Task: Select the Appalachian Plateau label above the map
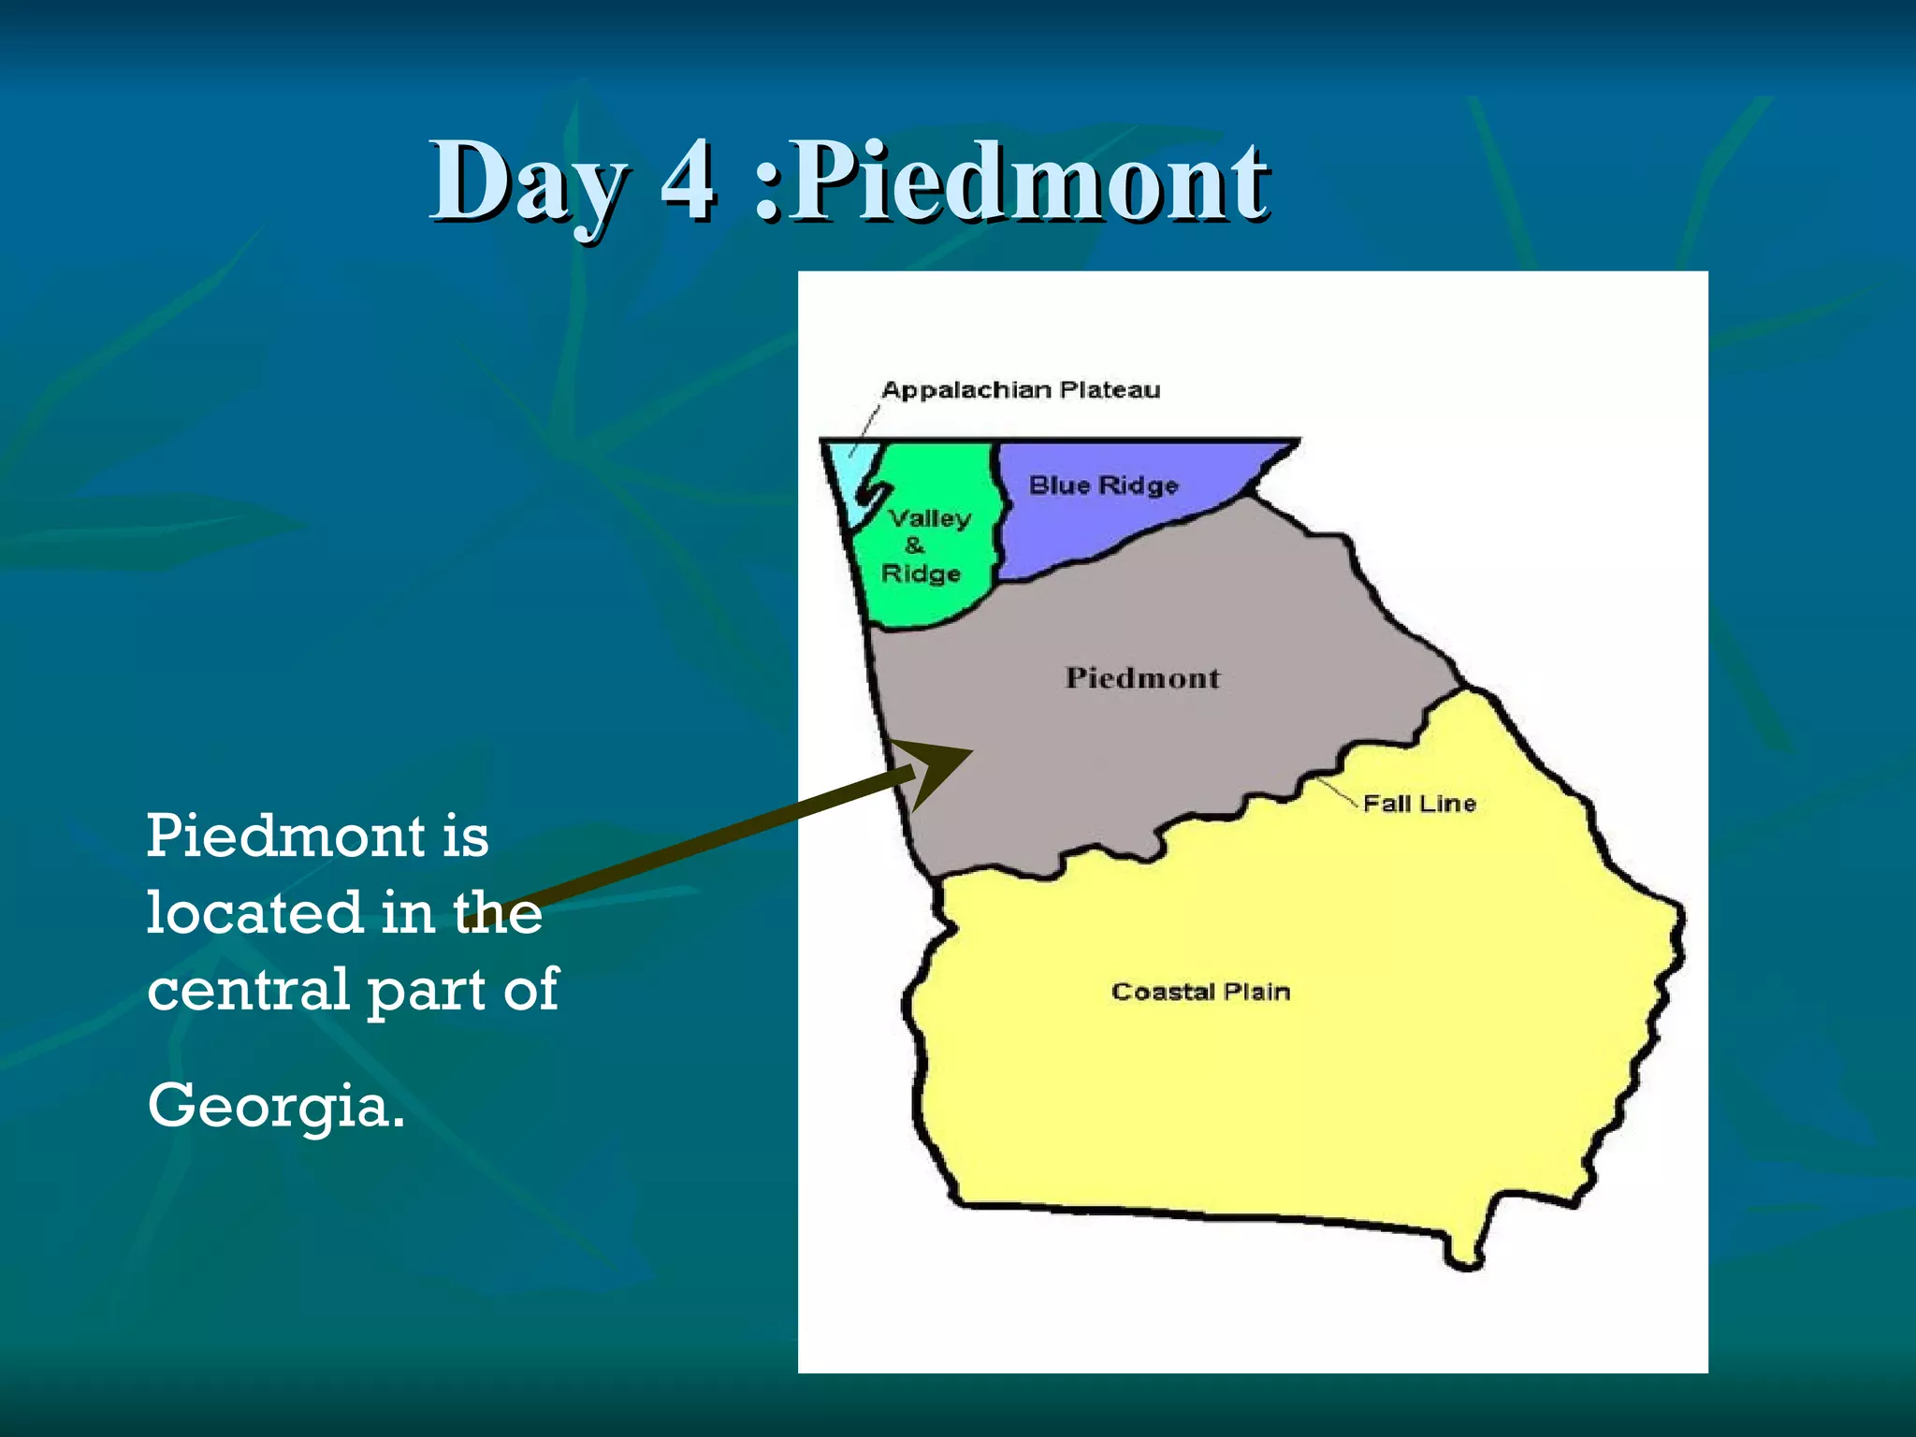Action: [x=1020, y=389]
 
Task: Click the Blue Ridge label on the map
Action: [x=1103, y=485]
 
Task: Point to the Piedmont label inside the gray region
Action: [x=1142, y=677]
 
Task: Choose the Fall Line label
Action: [x=1418, y=803]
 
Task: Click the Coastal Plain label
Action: [x=1200, y=991]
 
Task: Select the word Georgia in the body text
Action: [x=276, y=1106]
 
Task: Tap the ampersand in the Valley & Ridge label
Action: [x=914, y=545]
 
